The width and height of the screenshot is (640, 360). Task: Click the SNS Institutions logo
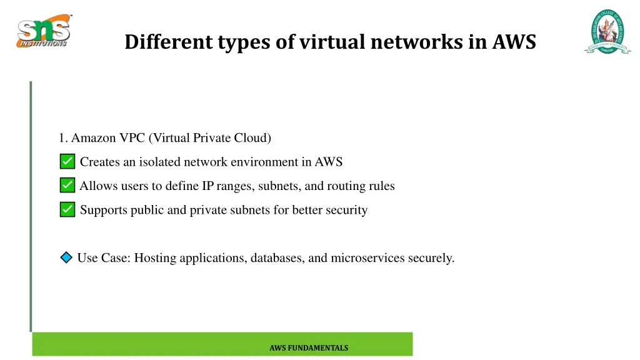pos(43,31)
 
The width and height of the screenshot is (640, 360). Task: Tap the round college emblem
pos(607,32)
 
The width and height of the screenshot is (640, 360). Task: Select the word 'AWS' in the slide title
pos(514,42)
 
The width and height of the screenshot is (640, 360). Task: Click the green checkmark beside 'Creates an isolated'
pos(67,162)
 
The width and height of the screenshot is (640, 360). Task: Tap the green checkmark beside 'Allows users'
pos(67,186)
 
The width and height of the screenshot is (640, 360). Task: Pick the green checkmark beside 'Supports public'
pos(67,210)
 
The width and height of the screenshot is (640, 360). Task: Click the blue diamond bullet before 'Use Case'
pos(67,257)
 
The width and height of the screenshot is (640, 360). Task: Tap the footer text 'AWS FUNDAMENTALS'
pos(309,348)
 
